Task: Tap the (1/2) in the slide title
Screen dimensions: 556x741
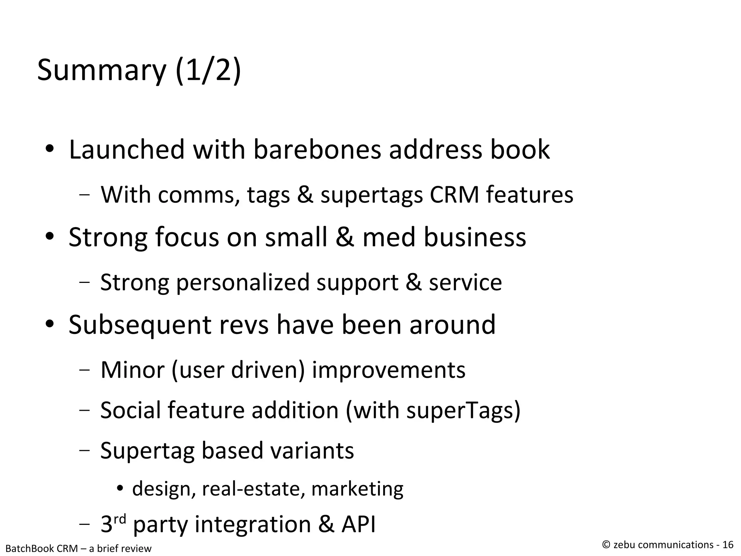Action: tap(208, 71)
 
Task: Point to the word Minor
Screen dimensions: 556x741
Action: tap(132, 370)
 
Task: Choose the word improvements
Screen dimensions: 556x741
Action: tap(389, 370)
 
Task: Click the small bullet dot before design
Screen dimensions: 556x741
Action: tap(120, 489)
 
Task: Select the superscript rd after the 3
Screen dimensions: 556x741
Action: tap(120, 519)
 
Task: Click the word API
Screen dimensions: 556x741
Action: tap(358, 524)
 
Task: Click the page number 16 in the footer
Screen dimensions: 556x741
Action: tap(728, 545)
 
